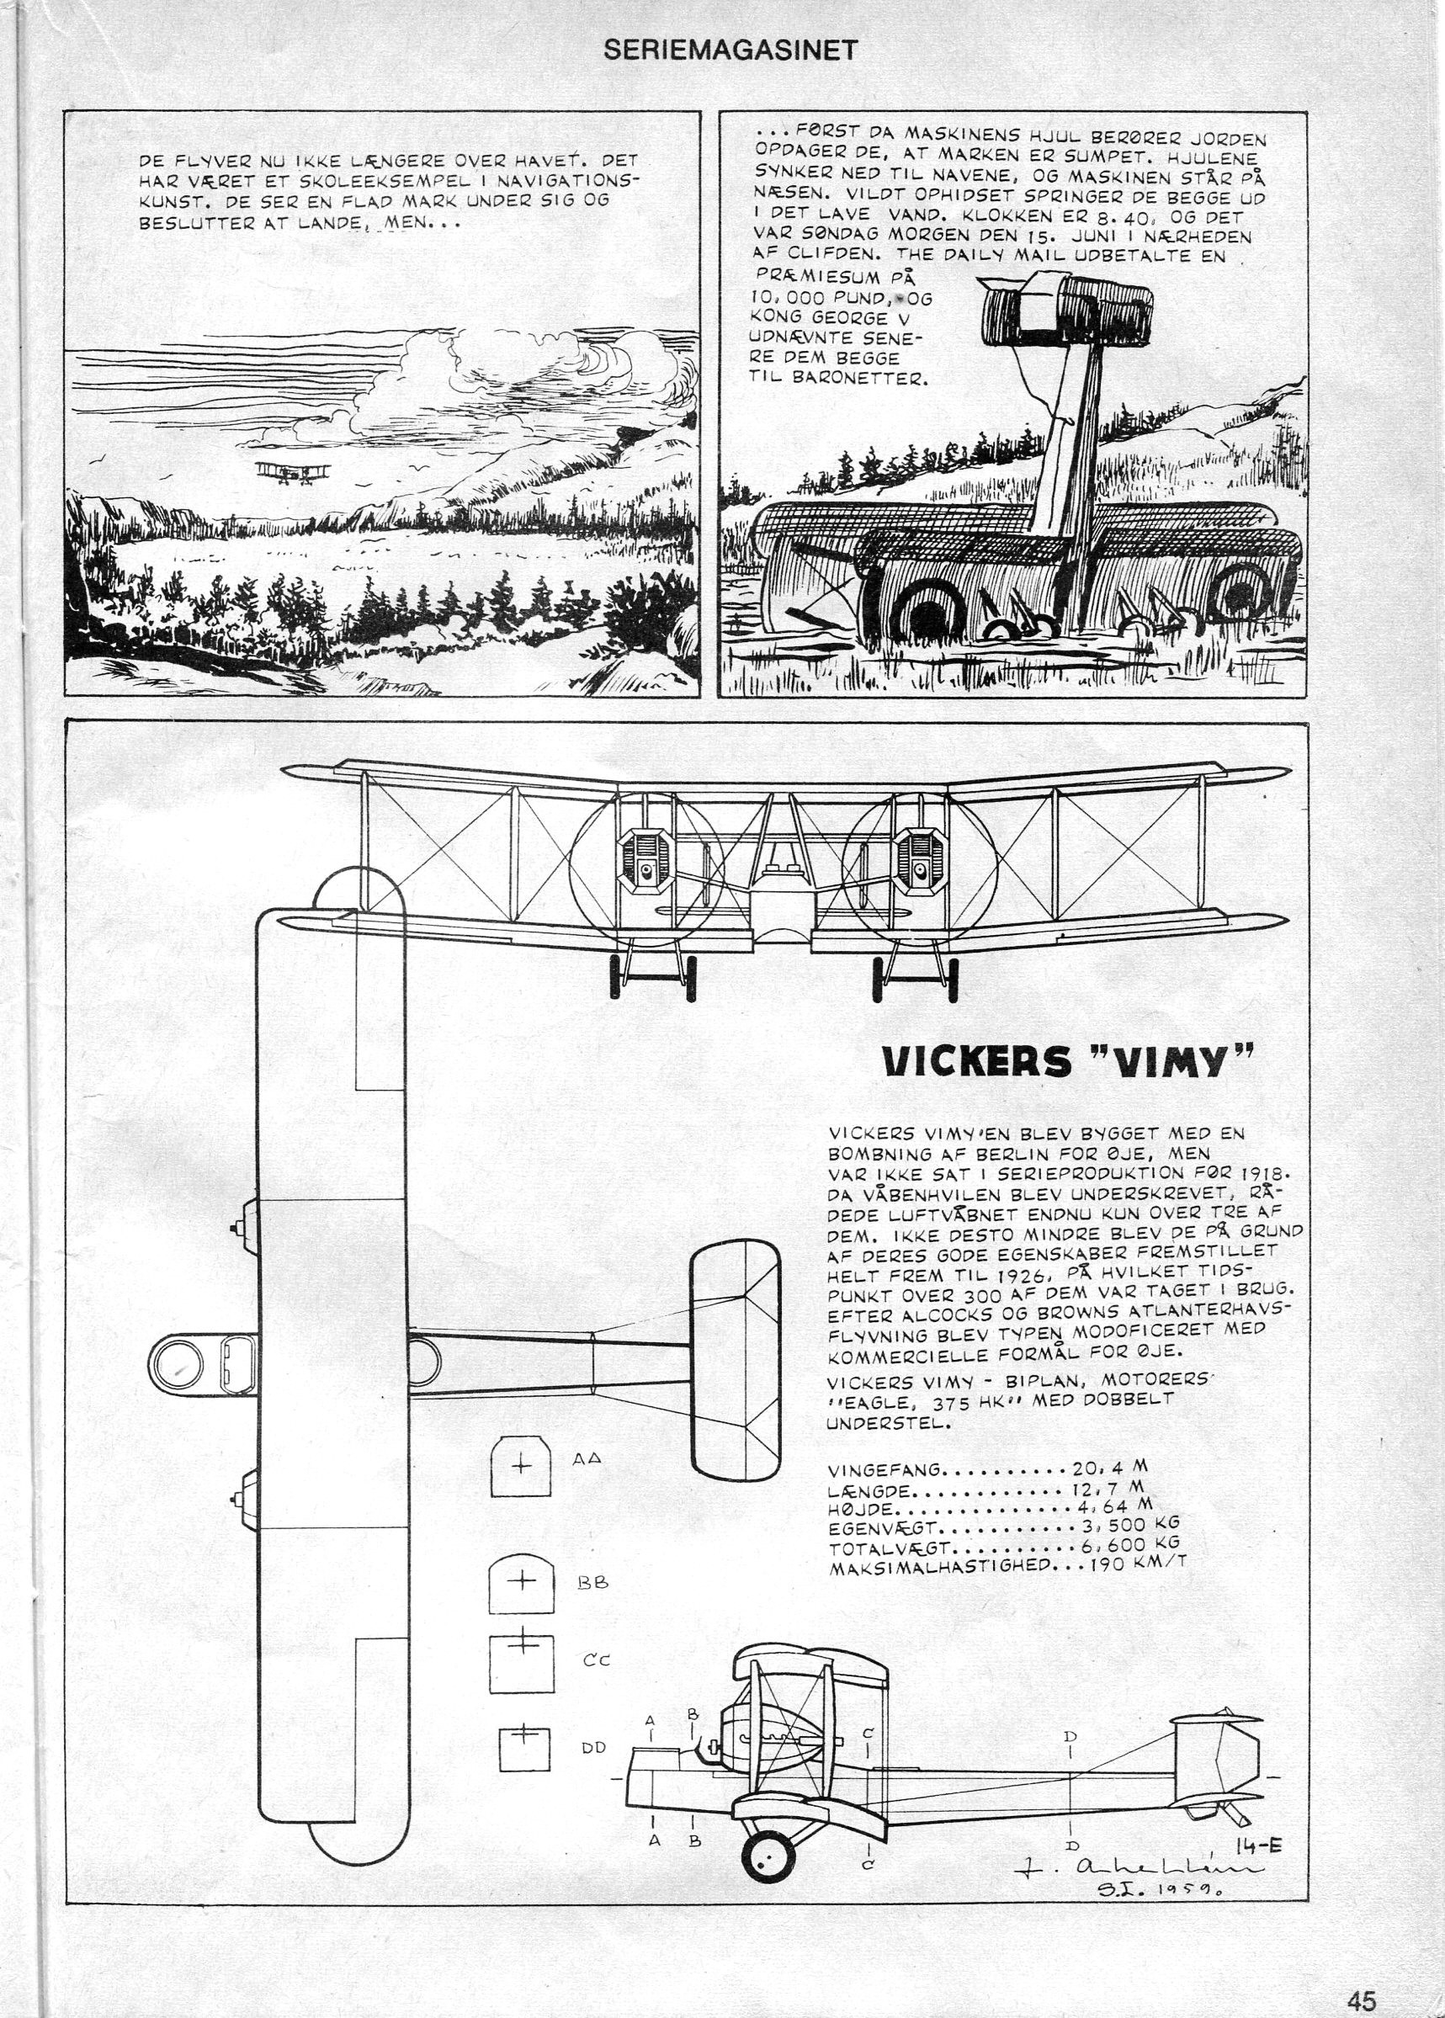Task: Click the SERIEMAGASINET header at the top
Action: (730, 50)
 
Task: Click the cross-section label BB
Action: (592, 1584)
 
